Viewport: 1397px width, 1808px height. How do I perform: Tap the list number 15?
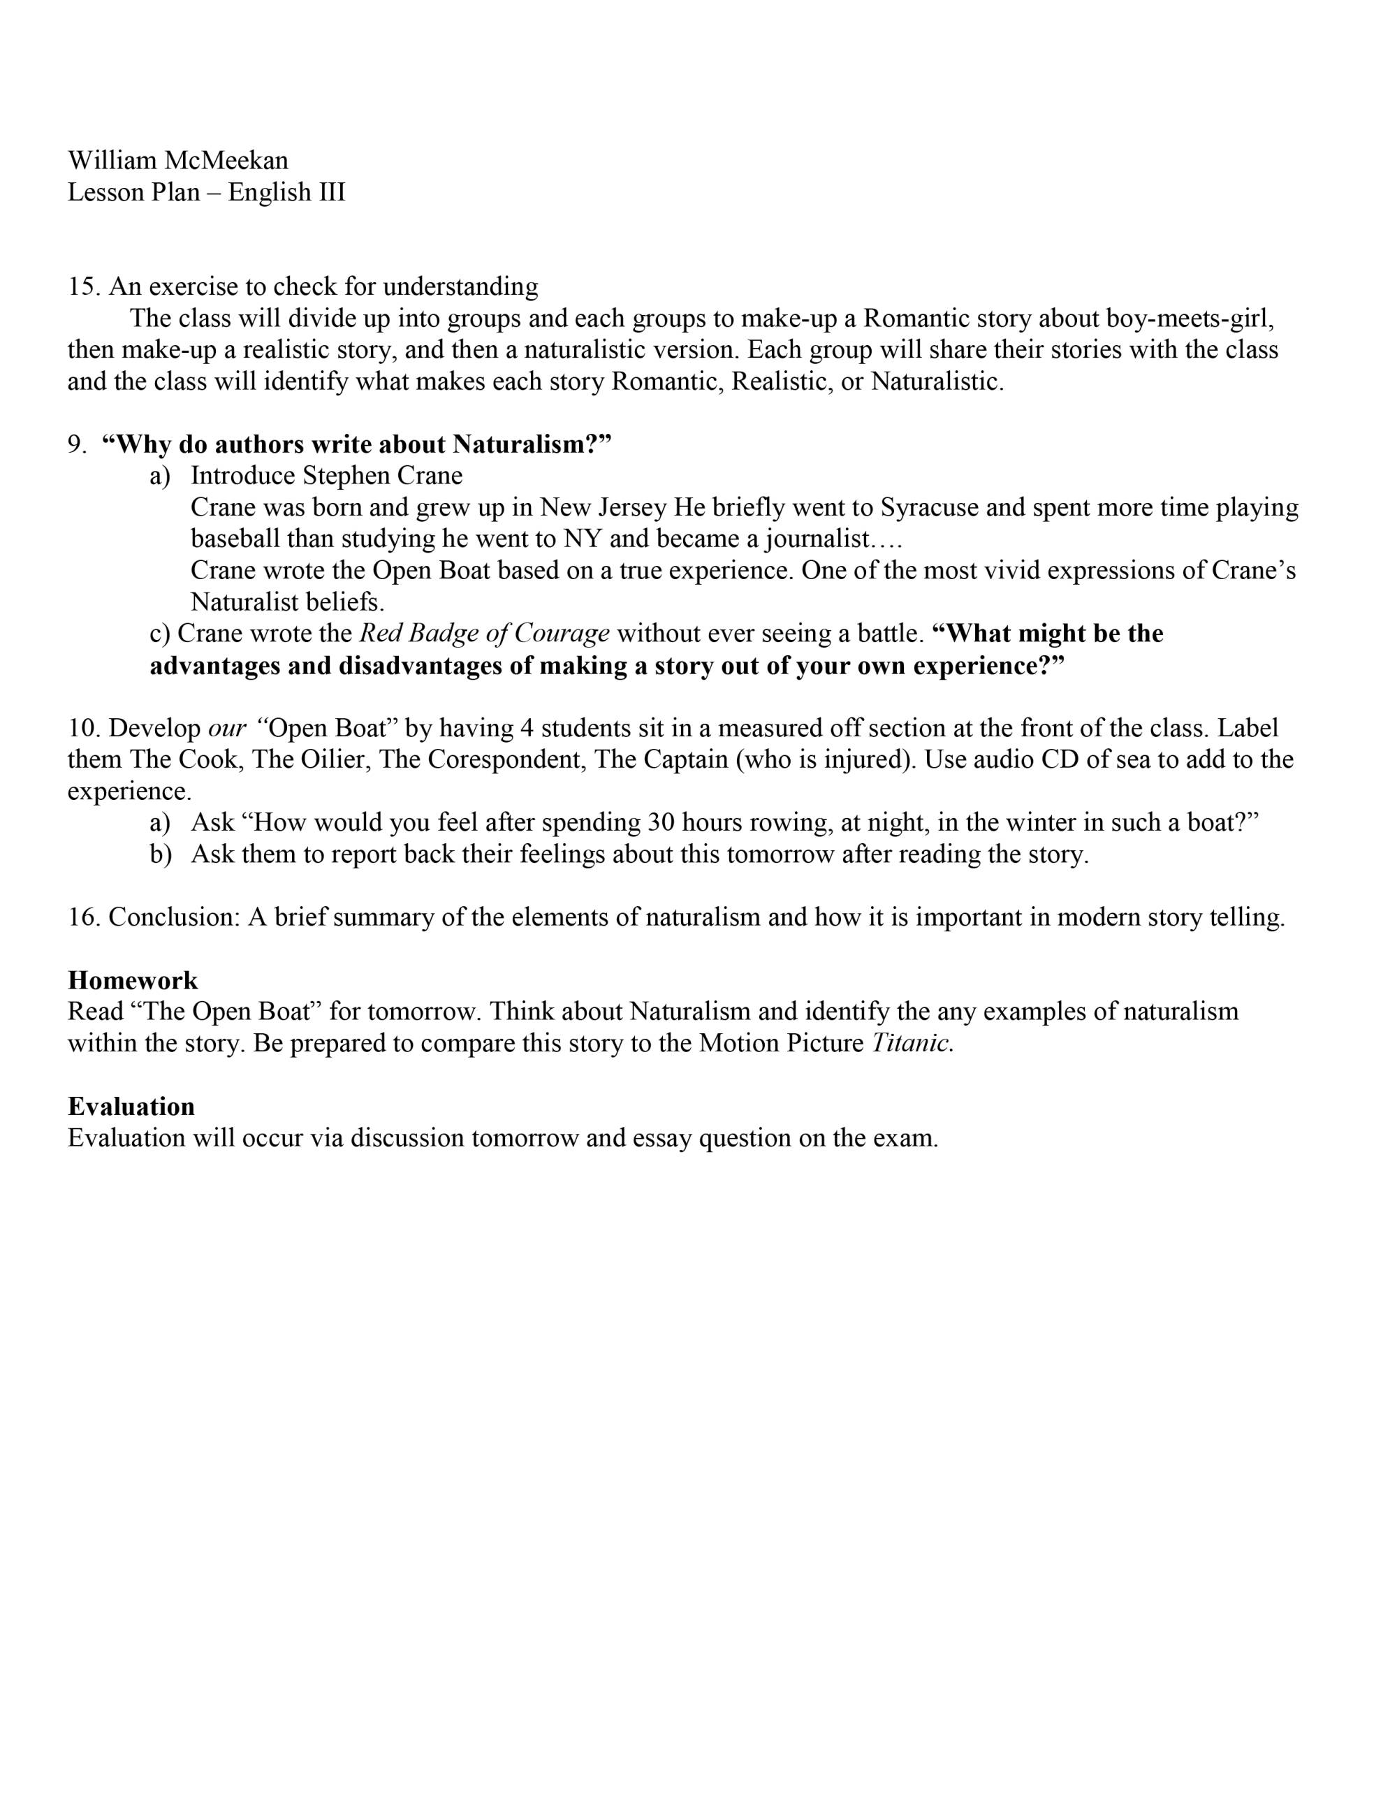pos(84,286)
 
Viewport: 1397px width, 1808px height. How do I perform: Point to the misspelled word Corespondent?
pos(483,759)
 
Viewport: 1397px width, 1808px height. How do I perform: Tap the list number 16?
pos(84,917)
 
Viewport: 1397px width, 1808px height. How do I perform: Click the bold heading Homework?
pos(133,980)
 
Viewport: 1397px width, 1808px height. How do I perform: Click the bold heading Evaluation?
pos(131,1107)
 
